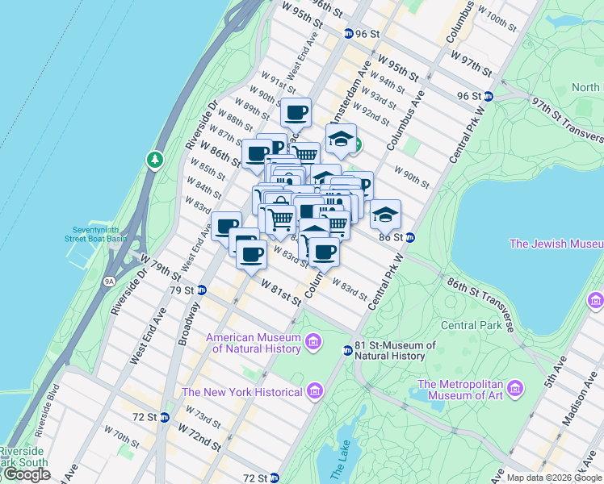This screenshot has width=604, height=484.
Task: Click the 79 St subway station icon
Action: point(202,290)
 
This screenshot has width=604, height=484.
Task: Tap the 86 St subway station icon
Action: point(409,237)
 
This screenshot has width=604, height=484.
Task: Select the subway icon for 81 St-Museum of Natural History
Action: point(347,350)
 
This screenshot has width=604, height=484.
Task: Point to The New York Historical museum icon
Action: point(314,392)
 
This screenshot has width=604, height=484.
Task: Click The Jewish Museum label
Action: point(556,244)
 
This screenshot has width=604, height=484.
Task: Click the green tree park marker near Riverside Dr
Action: point(154,160)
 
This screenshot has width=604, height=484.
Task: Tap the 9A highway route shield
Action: point(110,282)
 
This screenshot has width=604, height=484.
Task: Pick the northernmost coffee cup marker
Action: point(296,113)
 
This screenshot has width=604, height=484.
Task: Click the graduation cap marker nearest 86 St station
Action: point(385,215)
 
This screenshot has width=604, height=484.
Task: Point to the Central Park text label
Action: point(472,325)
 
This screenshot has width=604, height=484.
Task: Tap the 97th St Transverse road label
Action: point(565,119)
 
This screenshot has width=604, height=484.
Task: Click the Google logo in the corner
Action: point(26,474)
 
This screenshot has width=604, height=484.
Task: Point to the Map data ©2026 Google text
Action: point(554,478)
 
